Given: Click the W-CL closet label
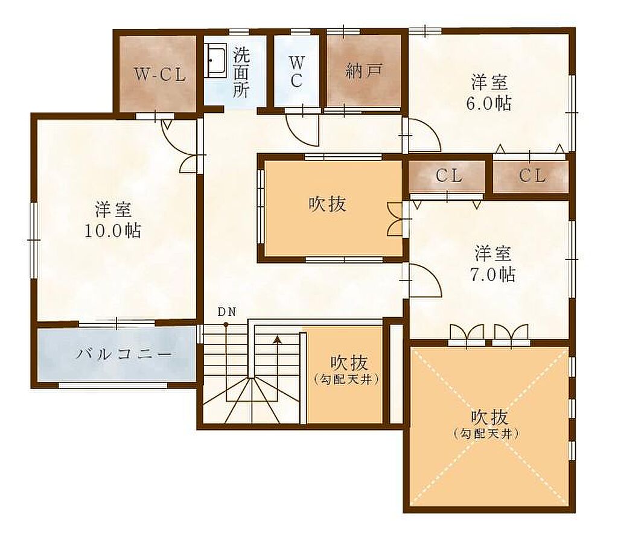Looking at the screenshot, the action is [x=159, y=74].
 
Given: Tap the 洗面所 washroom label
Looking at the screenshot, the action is [x=241, y=73].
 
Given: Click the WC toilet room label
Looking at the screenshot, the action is [x=297, y=72].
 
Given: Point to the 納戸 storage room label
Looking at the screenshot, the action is [x=364, y=71].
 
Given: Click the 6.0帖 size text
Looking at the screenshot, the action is [x=489, y=103].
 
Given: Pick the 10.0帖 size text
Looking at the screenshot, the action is [x=113, y=230].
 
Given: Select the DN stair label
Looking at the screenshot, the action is [x=227, y=312].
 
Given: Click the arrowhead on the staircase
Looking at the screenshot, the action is [x=278, y=339].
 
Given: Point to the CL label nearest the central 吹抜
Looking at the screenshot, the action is [x=448, y=176].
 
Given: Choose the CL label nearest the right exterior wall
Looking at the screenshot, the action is [x=532, y=176].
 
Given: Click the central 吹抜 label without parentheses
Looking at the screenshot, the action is [x=327, y=204].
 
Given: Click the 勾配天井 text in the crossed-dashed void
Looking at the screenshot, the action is [x=486, y=434].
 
